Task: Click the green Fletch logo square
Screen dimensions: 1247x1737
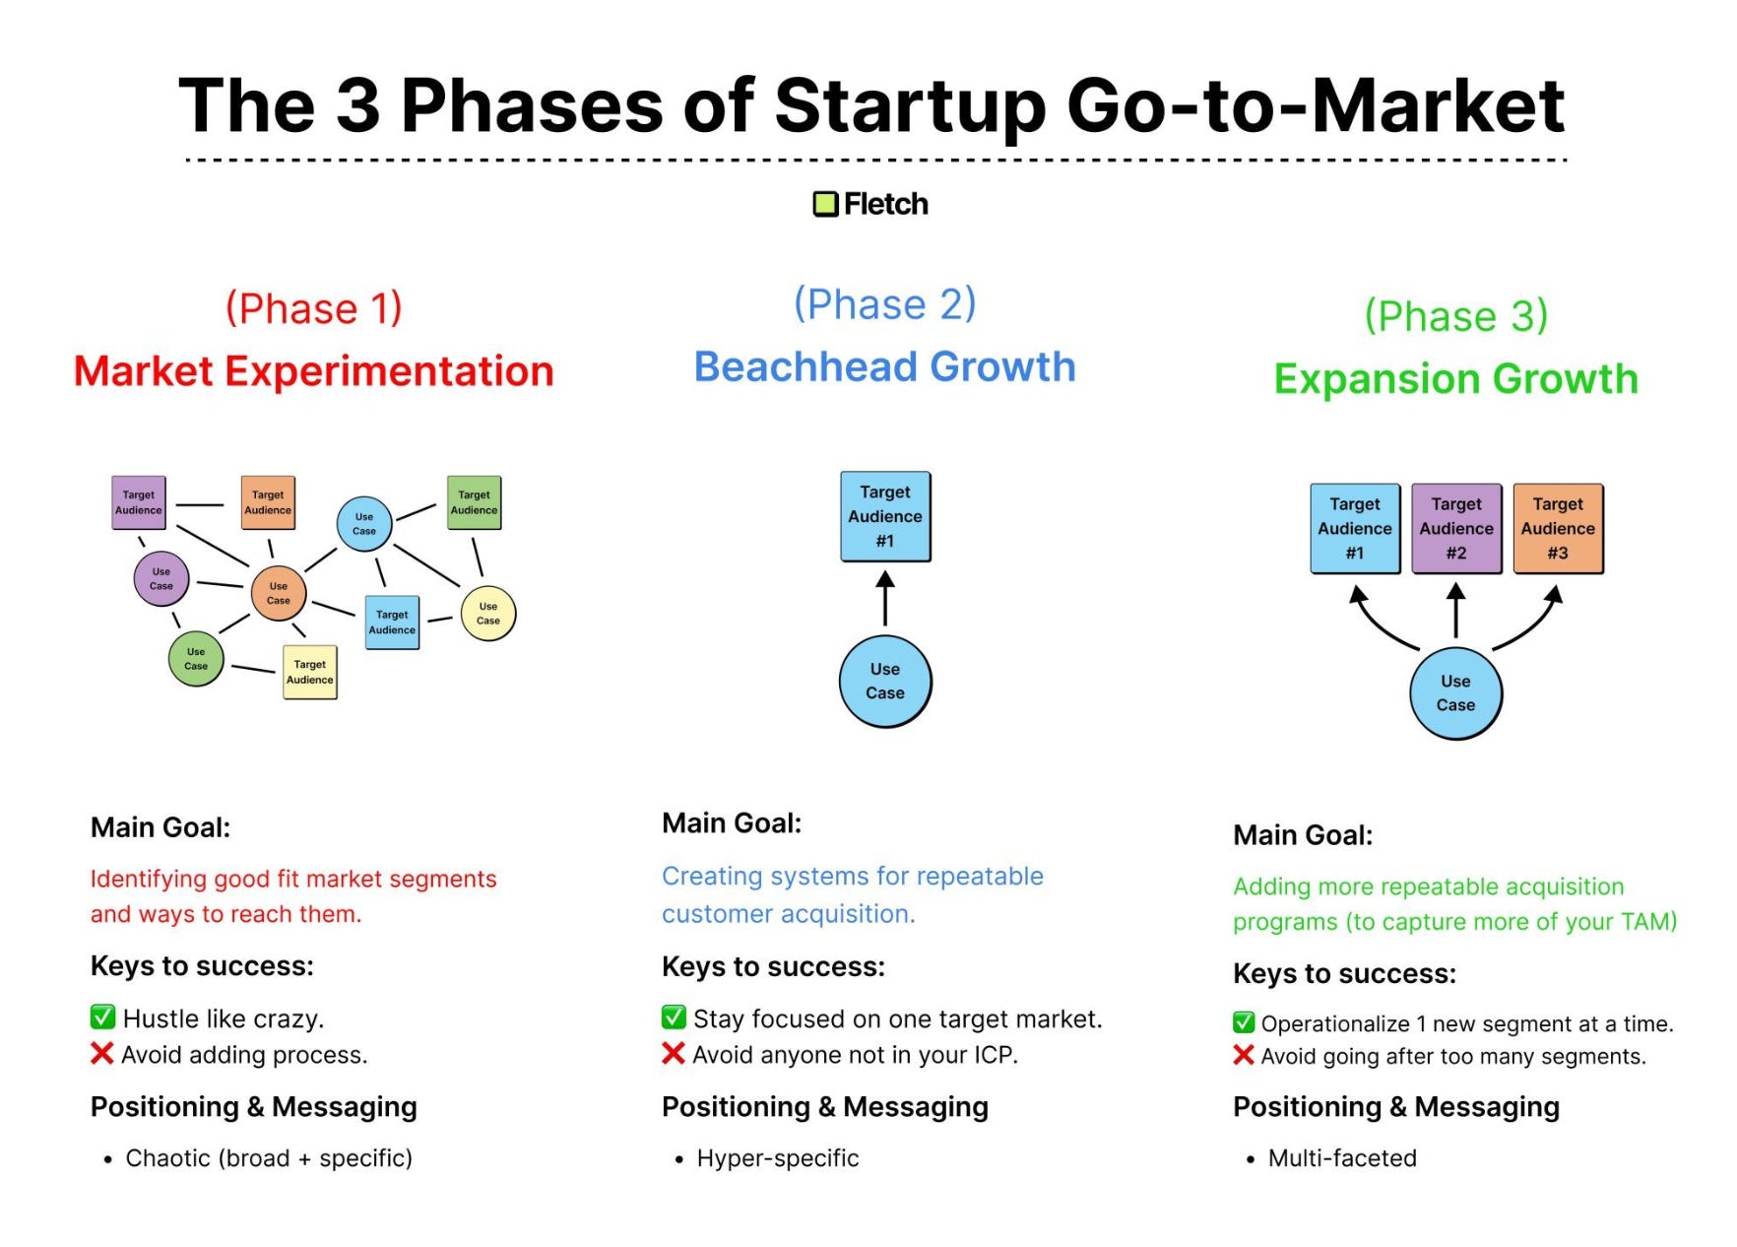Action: click(824, 204)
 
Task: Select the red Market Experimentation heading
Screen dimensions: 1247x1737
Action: click(313, 371)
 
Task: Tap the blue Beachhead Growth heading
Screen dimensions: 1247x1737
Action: click(884, 366)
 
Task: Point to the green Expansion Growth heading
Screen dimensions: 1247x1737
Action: click(1455, 378)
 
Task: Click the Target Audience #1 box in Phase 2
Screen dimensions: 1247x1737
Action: click(885, 516)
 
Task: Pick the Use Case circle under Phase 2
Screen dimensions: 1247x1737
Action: click(885, 682)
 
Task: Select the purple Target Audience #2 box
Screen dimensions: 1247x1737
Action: click(1456, 528)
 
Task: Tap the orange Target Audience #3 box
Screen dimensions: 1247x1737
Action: click(1558, 528)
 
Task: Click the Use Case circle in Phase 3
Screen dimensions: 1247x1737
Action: click(1455, 693)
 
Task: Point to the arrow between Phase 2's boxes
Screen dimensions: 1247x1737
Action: click(885, 599)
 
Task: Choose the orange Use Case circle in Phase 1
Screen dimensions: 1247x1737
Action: click(279, 593)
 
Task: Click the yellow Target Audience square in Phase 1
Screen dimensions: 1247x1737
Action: click(310, 673)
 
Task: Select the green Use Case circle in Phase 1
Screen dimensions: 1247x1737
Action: click(196, 659)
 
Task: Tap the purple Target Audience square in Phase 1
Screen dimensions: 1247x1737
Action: click(139, 502)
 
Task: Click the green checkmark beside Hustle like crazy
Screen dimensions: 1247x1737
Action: click(102, 1017)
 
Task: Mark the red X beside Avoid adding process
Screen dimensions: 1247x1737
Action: click(101, 1054)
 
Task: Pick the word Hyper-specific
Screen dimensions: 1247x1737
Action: click(778, 1158)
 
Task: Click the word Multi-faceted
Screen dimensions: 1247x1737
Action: click(1342, 1158)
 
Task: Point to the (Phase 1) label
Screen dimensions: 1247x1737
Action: click(314, 308)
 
